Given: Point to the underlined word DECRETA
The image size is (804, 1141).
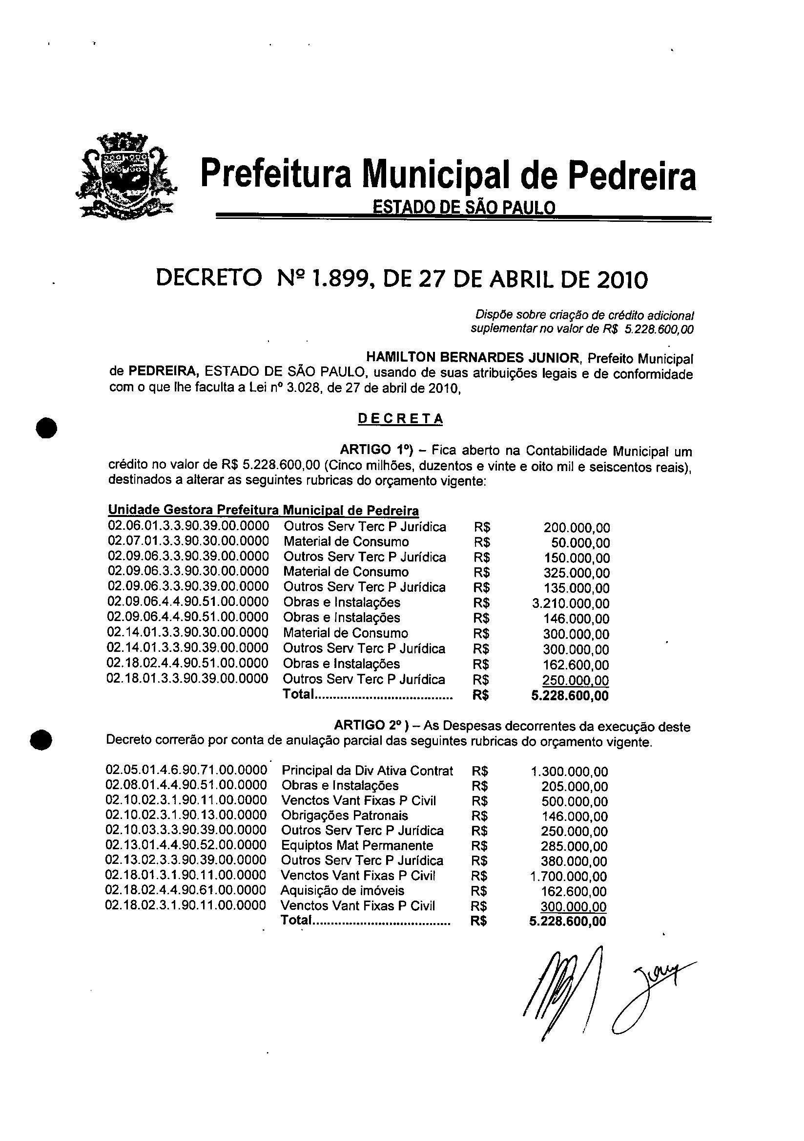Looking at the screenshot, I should (400, 419).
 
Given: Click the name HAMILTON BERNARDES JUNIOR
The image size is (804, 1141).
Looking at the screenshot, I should (472, 357).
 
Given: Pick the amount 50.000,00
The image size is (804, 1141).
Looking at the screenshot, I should (580, 543).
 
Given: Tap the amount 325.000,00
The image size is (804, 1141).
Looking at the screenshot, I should (577, 573).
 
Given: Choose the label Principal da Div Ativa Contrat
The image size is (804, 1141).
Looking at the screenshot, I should (367, 771).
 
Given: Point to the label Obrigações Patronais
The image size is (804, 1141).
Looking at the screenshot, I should (345, 816).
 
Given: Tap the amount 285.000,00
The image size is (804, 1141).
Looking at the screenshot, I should (574, 846).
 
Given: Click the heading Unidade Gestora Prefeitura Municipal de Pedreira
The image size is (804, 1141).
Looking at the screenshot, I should (263, 510).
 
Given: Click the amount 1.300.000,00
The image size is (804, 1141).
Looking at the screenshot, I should (570, 772).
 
